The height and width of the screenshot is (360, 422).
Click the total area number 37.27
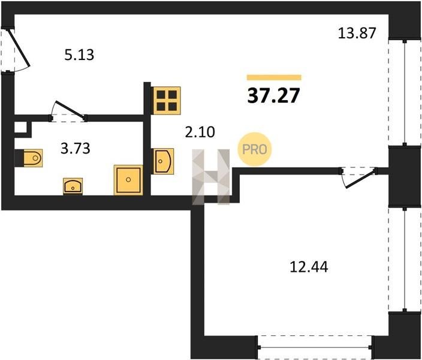273,95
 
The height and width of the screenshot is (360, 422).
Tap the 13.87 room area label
357,34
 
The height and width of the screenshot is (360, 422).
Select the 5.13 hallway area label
79,55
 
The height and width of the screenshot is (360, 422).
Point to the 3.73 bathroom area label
76,148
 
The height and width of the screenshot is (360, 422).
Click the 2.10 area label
200,133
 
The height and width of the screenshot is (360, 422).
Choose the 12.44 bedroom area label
309,267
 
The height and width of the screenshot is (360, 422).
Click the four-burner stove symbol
167,101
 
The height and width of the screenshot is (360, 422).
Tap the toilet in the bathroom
32,158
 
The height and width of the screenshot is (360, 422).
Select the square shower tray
128,180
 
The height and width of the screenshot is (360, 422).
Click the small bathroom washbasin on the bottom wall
73,186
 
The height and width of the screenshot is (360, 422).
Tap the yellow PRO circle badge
254,149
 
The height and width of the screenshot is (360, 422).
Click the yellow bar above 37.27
274,77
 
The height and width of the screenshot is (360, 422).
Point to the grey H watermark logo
211,177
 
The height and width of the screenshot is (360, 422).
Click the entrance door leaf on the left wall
19,48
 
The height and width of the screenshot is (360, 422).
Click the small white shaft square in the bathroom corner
20,127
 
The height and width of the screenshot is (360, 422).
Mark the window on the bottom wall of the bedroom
315,347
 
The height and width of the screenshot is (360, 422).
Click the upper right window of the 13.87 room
405,93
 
